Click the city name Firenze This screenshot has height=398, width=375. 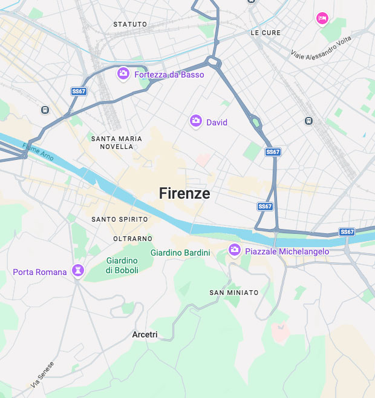[184, 193]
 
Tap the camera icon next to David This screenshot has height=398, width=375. [195, 121]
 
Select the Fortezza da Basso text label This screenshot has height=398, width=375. [169, 75]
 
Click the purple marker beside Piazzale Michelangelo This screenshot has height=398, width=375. [234, 250]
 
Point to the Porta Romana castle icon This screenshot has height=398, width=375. [77, 270]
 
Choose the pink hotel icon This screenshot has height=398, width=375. [322, 19]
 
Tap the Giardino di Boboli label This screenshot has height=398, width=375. [122, 265]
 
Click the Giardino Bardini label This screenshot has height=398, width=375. [180, 252]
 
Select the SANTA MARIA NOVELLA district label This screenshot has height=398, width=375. [116, 142]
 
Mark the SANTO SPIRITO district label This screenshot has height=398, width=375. [119, 219]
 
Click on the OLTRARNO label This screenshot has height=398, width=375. [133, 239]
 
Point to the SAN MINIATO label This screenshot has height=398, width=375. [234, 293]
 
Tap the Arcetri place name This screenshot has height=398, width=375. [145, 334]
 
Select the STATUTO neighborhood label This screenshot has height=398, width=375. [130, 24]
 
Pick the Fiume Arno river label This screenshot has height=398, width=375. [37, 152]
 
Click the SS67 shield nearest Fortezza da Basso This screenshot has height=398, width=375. [79, 91]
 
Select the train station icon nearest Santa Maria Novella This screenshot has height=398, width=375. [44, 110]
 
